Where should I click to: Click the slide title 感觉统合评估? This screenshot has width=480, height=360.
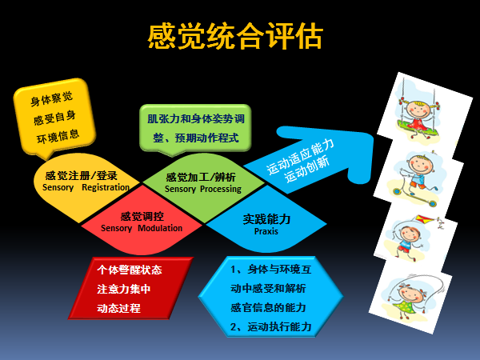(x=235, y=37)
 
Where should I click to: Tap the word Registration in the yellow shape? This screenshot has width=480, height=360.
(x=106, y=187)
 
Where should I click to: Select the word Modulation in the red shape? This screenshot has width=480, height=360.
(x=160, y=228)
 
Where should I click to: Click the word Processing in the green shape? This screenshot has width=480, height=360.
(x=221, y=189)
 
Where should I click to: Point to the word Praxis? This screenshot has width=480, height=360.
(x=266, y=231)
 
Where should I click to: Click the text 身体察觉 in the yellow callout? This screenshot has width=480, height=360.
(x=51, y=98)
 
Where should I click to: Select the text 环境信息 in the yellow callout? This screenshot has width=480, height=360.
(x=58, y=136)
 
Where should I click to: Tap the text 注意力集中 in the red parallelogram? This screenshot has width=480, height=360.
(x=124, y=289)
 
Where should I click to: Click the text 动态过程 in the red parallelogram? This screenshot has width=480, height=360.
(x=118, y=308)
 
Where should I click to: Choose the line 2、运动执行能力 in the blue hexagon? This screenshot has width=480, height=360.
(x=271, y=327)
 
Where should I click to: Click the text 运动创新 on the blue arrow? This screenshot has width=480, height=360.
(x=307, y=170)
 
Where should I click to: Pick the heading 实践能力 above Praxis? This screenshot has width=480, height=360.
(x=266, y=219)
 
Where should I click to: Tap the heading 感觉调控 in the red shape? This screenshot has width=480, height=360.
(x=142, y=217)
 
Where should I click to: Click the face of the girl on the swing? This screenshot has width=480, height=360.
(x=418, y=110)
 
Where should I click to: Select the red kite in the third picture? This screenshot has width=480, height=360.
(x=424, y=219)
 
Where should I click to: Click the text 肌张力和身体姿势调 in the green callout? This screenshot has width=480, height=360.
(x=196, y=118)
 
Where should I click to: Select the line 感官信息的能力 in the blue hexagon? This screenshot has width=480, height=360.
(x=268, y=308)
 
